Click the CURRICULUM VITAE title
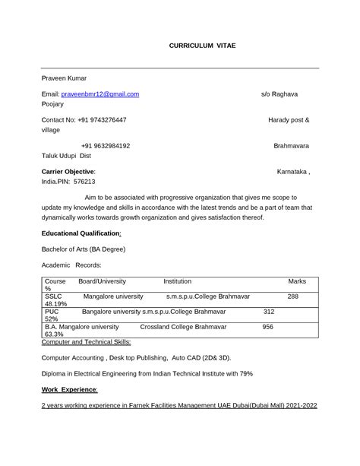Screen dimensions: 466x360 [x=202, y=46]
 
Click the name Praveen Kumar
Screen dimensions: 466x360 [x=64, y=78]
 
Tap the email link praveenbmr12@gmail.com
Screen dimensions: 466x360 [x=100, y=94]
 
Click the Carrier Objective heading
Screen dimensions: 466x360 [x=68, y=172]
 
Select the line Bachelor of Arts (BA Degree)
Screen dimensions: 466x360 [x=83, y=249]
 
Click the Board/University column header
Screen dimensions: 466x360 [x=102, y=281]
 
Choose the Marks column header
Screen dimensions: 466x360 [x=297, y=281]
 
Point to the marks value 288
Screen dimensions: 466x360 [x=292, y=296]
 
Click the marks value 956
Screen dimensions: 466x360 [x=267, y=326]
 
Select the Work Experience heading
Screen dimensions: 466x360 [x=69, y=389]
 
